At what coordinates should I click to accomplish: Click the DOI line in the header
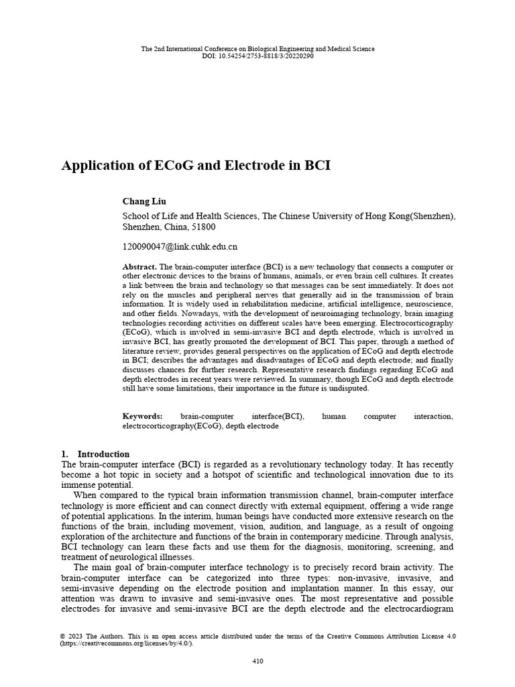[257, 56]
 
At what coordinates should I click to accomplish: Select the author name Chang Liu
[144, 201]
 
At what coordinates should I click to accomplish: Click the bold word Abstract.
[139, 266]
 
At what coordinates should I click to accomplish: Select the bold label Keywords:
[142, 417]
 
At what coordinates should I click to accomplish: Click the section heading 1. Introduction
[95, 454]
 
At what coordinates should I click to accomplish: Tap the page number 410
[257, 661]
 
